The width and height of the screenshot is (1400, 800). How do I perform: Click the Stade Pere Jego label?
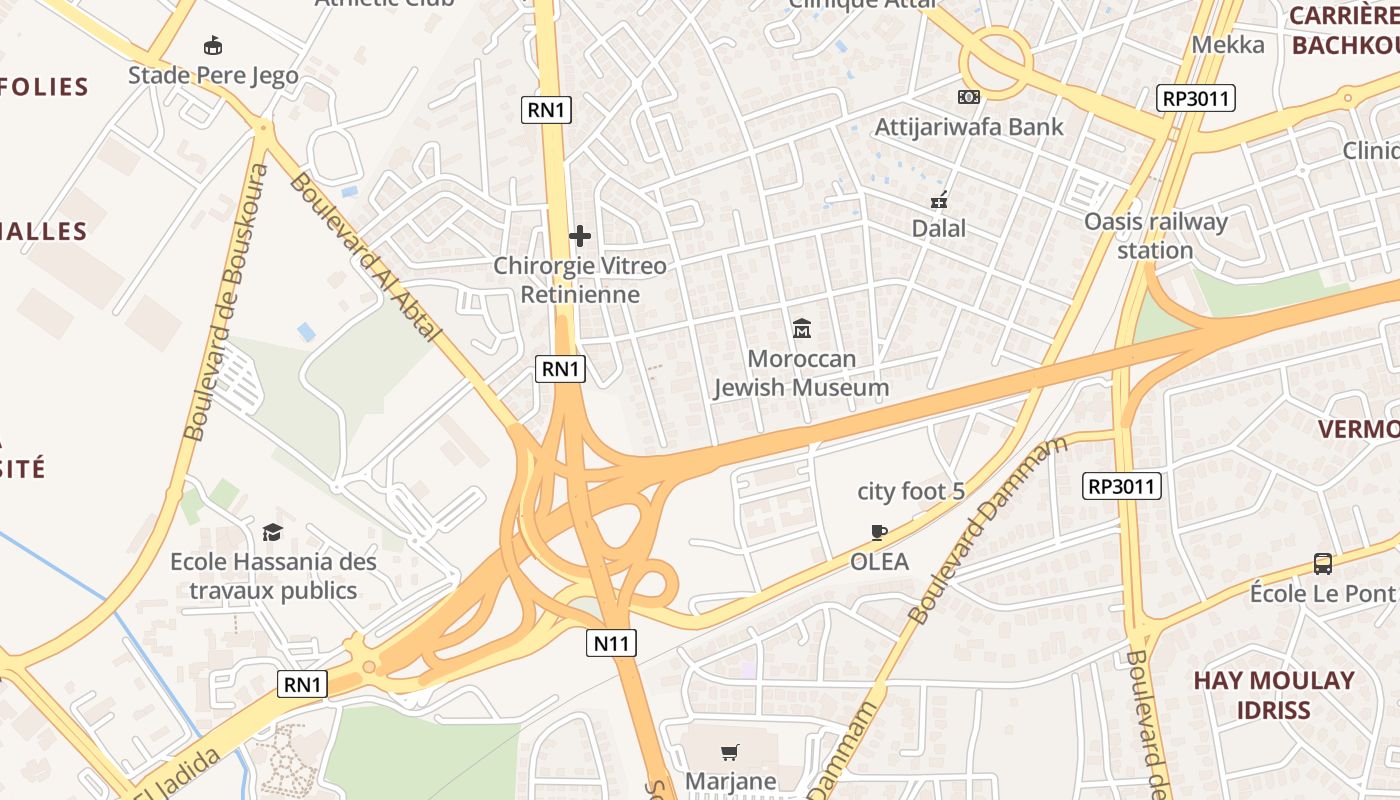213,75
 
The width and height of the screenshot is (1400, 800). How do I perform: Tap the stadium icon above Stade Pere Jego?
212,45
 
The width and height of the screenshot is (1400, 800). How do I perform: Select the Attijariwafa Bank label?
969,127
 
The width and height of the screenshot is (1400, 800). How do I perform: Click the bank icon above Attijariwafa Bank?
968,97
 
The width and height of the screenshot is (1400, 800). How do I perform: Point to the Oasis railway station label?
1155,235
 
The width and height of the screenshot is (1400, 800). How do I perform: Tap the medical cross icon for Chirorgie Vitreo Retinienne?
579,236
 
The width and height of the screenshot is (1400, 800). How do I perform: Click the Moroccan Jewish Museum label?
801,373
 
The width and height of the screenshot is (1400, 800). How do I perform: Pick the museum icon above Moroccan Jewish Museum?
801,328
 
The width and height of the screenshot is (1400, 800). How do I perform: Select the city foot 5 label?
911,491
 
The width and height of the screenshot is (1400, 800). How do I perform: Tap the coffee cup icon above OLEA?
879,532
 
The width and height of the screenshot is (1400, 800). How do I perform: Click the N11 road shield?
611,643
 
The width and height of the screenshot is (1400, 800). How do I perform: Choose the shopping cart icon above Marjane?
730,752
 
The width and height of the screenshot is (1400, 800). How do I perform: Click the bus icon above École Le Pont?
1323,563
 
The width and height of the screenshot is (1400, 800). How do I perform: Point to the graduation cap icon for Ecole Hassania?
272,532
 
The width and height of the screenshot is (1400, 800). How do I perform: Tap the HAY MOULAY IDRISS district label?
1273,695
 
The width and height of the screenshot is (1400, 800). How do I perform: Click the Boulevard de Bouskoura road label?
226,302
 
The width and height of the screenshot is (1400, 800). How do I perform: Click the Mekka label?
1228,44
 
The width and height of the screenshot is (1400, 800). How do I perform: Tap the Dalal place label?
939,228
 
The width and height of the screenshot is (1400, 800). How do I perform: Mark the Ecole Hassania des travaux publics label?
273,576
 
